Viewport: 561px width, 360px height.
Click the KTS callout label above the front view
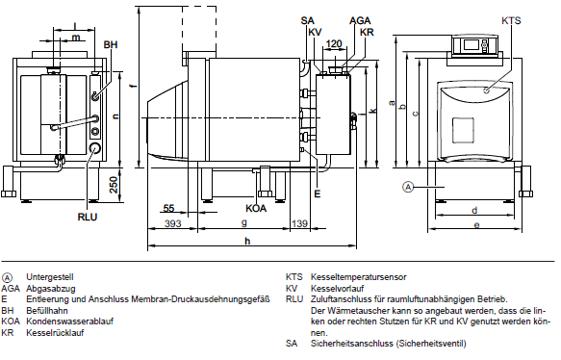(x=511, y=20)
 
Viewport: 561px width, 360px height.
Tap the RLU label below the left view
(x=88, y=217)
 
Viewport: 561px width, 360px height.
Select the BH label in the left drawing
(x=111, y=44)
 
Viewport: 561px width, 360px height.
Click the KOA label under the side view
(x=256, y=208)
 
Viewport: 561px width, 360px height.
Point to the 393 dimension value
(x=173, y=223)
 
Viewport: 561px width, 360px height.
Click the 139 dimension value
(x=299, y=223)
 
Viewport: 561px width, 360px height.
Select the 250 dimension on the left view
(x=114, y=185)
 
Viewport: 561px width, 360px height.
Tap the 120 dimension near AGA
(x=334, y=43)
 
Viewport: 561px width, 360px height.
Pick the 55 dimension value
(x=168, y=208)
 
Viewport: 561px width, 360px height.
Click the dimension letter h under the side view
(x=247, y=241)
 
